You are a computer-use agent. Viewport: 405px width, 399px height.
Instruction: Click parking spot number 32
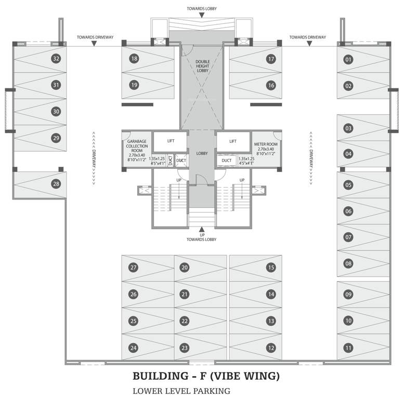coord(56,59)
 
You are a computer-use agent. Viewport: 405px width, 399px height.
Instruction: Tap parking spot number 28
coord(56,183)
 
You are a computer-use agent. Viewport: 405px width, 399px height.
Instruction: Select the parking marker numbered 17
coord(271,59)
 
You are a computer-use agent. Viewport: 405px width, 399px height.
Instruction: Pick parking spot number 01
coord(348,60)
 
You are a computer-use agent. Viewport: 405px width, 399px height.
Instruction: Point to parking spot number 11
coord(348,348)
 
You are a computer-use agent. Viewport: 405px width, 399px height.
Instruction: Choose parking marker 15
coord(271,268)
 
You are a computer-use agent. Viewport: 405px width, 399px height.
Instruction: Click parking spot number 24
coord(134,348)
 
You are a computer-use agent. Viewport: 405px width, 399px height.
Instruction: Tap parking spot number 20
coord(185,268)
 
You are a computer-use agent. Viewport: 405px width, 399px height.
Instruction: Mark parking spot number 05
coord(348,185)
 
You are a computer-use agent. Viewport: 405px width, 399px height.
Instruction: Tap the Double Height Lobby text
coord(202,66)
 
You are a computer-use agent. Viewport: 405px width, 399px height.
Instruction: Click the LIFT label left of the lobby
coord(171,141)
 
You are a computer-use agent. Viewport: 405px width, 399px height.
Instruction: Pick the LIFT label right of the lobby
coord(233,141)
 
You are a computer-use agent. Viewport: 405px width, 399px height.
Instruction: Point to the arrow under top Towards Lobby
coord(202,15)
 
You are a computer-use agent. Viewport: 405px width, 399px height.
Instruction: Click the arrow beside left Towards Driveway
coord(94,44)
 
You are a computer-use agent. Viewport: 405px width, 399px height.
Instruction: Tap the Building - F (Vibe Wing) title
coord(206,375)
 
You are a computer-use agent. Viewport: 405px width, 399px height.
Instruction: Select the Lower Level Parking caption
coord(181,391)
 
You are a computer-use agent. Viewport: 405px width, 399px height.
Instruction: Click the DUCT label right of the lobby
coord(227,161)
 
